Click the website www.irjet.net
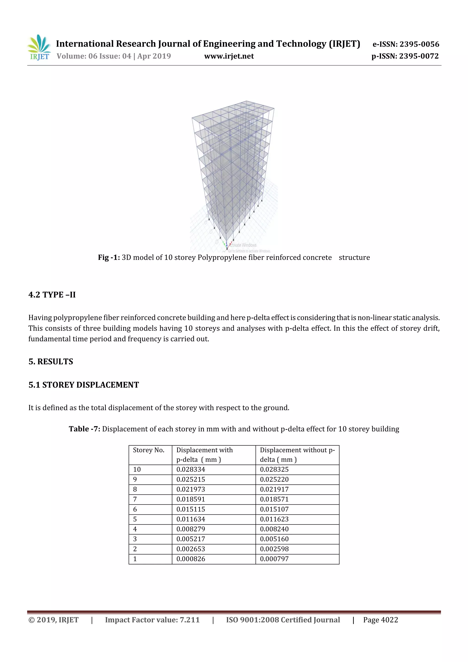(x=229, y=56)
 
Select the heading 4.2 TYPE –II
(x=52, y=295)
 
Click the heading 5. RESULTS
(x=51, y=362)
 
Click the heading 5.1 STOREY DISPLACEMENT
(x=84, y=385)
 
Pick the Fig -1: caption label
(x=109, y=258)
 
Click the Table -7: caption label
(x=84, y=429)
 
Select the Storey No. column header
(x=149, y=450)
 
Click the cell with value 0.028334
(x=191, y=470)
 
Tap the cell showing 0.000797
(x=274, y=559)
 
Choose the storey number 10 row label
(x=137, y=470)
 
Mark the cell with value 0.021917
(x=274, y=489)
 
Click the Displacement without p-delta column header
(x=297, y=455)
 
